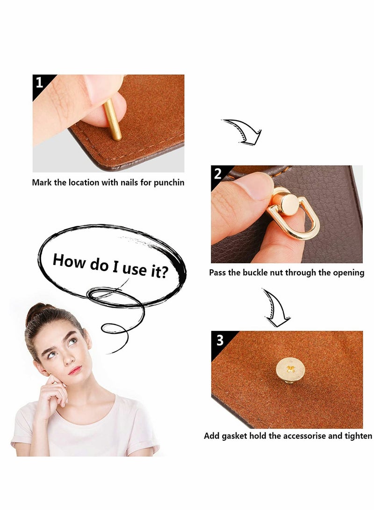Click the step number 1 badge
(x=39, y=83)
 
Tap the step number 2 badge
(x=218, y=174)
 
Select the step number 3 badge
(x=220, y=340)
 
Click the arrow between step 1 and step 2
(x=243, y=131)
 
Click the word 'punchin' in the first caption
(x=169, y=183)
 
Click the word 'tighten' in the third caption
(x=358, y=436)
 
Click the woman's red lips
(x=75, y=370)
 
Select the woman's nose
(x=69, y=358)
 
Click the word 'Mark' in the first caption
(x=42, y=183)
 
